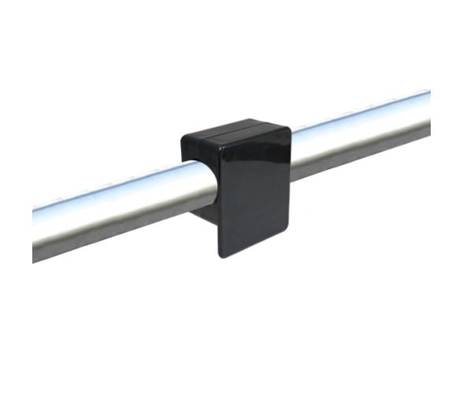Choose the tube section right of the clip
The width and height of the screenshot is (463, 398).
(x=362, y=134)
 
